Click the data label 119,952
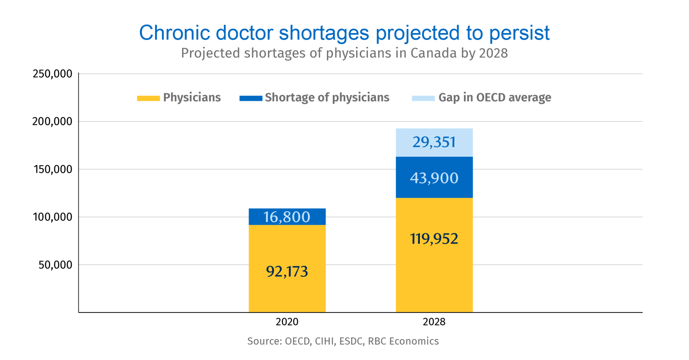[x=434, y=239]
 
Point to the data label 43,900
[x=434, y=178]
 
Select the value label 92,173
[x=287, y=272]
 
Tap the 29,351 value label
[x=434, y=142]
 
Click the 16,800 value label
[x=287, y=217]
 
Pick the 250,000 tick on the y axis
[x=52, y=74]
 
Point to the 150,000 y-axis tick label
[x=52, y=169]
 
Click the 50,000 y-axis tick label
[x=55, y=265]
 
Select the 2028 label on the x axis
[x=434, y=322]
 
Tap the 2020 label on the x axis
[x=287, y=322]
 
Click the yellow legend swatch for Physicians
[x=148, y=98]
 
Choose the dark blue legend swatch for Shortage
[x=251, y=98]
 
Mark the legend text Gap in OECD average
[x=495, y=98]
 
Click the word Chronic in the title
[x=174, y=33]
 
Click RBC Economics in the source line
[x=403, y=341]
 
